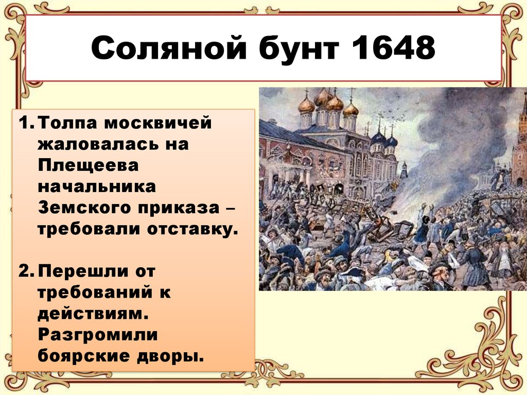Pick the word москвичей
[x=158, y=123]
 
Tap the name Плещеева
[x=88, y=165]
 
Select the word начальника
[x=97, y=186]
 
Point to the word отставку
[x=192, y=230]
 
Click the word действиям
[x=93, y=314]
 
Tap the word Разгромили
[x=97, y=335]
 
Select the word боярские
[x=83, y=356]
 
